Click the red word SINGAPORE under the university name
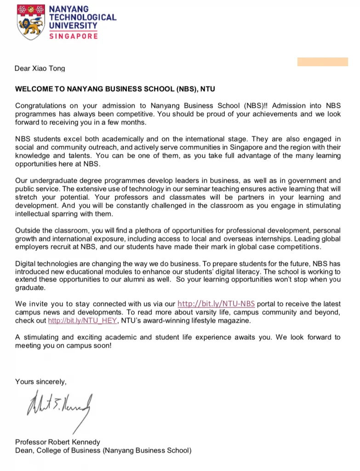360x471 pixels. tap(73, 36)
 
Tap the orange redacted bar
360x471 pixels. tap(322, 62)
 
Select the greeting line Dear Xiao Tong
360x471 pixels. tap(40, 69)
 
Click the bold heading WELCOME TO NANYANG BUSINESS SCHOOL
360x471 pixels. tap(115, 88)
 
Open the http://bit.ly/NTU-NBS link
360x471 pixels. tap(216, 304)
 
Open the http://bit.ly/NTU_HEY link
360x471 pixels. tap(83, 321)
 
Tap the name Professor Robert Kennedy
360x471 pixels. tap(57, 442)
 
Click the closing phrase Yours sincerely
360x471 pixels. tap(41, 381)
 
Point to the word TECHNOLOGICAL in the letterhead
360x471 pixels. tap(83, 17)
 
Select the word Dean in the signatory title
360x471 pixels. tap(24, 450)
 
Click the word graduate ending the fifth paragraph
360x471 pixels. tap(30, 287)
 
